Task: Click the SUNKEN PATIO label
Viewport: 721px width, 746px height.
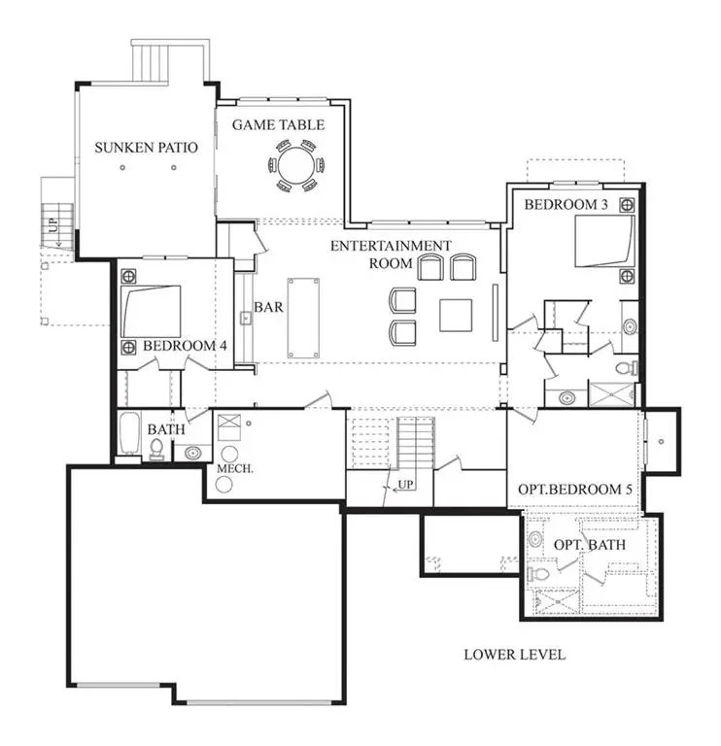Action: pos(146,148)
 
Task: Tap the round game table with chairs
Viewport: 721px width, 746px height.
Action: pos(292,165)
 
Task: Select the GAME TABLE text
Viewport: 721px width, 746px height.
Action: pos(278,125)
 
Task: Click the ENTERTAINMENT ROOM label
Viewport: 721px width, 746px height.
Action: pos(390,254)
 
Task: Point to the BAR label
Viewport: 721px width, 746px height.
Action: pos(268,307)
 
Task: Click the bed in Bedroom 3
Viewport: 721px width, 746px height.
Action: pos(603,240)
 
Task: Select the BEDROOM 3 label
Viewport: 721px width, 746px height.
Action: pos(566,204)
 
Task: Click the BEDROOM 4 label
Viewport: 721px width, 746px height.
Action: pos(185,346)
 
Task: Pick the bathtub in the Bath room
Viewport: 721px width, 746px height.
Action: pos(129,435)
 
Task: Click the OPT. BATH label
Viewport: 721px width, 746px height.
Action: pos(590,545)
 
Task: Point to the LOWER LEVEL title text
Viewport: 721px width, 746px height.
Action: pos(515,655)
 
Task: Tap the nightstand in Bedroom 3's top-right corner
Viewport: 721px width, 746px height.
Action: pos(627,205)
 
